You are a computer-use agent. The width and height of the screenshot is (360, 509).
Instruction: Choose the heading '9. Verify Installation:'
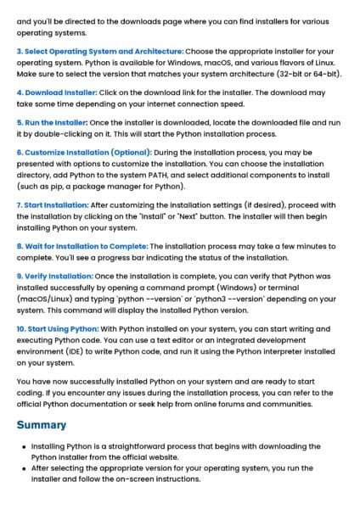(54, 277)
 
